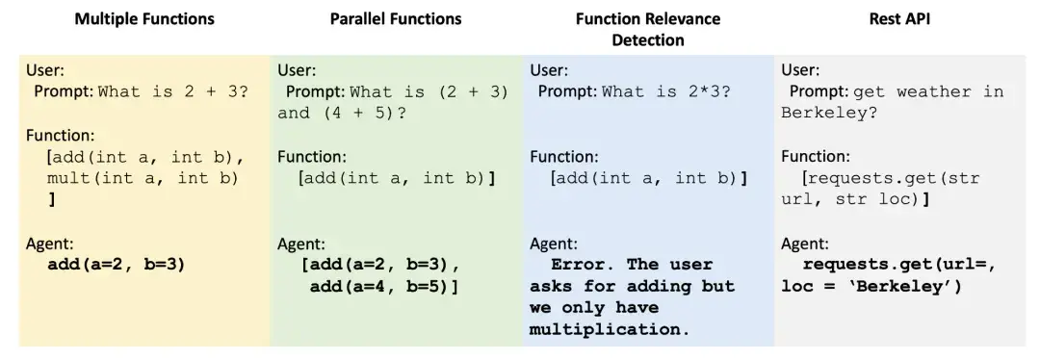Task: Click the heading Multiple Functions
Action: coord(144,19)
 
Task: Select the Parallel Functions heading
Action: coord(396,19)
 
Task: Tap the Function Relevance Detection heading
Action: coord(647,29)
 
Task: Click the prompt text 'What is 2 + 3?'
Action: coord(173,92)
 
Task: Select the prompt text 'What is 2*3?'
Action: coord(665,92)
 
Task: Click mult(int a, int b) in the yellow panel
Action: coord(143,178)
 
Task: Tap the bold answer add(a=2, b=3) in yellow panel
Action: coord(116,265)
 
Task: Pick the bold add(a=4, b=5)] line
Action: coord(384,286)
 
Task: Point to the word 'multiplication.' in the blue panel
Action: coord(610,329)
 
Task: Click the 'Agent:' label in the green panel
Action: coord(301,244)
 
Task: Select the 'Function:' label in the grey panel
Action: coord(815,156)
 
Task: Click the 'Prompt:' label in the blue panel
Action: coord(567,92)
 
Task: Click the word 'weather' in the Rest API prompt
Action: coord(933,92)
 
